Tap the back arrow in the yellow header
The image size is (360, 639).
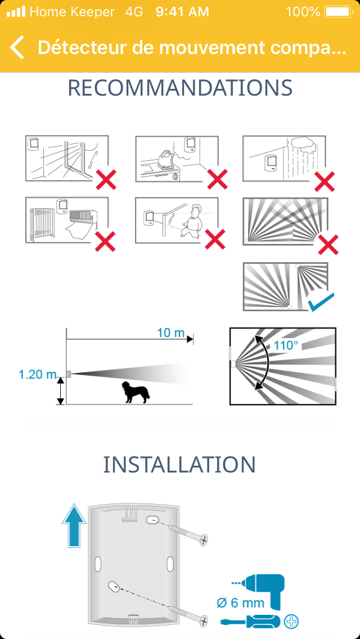point(17,47)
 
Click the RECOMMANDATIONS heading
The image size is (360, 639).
point(180,88)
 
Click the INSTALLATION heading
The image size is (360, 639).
point(179,464)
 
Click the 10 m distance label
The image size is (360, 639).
point(170,332)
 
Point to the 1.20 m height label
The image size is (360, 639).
point(37,374)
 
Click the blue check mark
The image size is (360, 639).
point(321,302)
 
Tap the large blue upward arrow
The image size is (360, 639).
point(74,526)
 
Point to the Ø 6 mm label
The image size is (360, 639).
point(241,603)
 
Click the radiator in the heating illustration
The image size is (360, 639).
point(43,223)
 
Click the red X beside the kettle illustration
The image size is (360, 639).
point(217,179)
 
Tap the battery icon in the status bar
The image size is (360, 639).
point(338,11)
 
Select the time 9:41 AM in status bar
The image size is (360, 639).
point(182,12)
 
